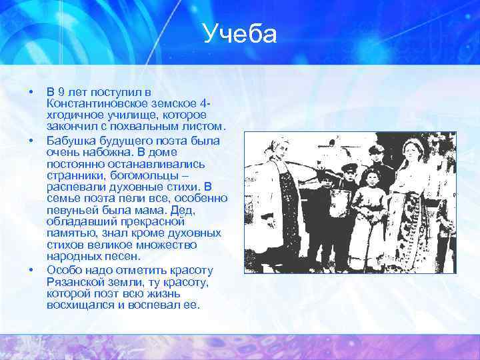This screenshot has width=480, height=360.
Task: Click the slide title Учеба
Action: (x=240, y=34)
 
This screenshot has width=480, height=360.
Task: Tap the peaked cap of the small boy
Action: (x=349, y=165)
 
